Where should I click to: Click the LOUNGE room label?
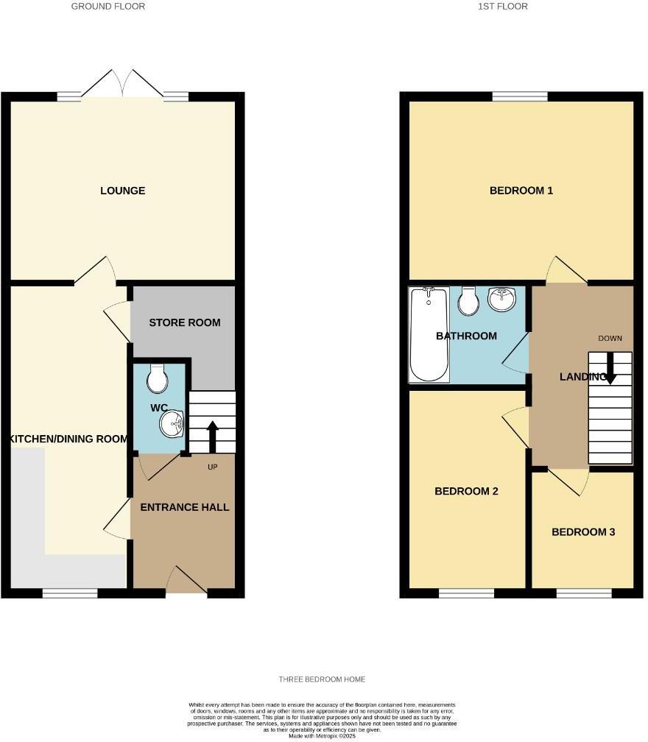123,191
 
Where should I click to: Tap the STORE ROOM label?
185,323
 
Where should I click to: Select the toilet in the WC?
157,379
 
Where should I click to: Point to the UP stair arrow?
212,437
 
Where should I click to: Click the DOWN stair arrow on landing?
610,368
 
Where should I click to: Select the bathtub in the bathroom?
429,335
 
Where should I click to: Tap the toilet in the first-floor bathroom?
468,300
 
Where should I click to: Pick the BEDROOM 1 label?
521,191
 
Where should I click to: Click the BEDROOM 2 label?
466,492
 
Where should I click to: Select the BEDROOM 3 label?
583,532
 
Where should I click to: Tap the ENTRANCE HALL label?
185,507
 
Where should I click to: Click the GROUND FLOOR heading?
108,7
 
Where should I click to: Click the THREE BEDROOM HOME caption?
323,679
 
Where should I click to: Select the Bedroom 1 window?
520,96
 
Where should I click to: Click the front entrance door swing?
186,580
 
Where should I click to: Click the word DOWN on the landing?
610,339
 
